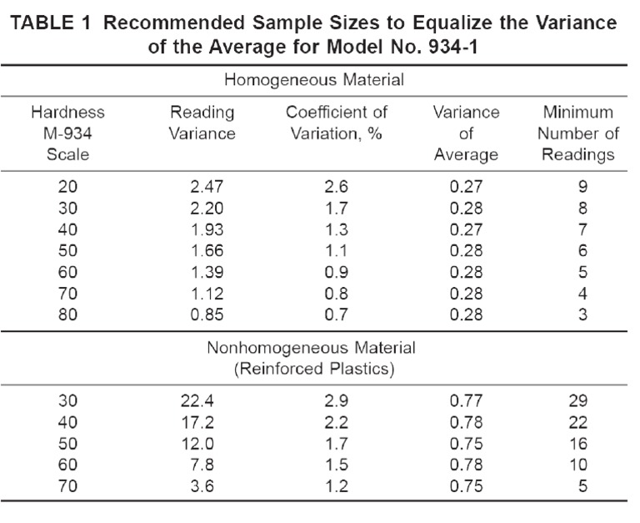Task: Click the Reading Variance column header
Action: pyautogui.click(x=202, y=123)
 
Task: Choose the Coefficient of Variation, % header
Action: pyautogui.click(x=337, y=123)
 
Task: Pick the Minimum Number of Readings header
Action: pyautogui.click(x=577, y=133)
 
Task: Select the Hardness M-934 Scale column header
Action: pyautogui.click(x=68, y=133)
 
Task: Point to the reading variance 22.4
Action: pyautogui.click(x=202, y=400)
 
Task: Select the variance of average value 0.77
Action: pyautogui.click(x=466, y=400)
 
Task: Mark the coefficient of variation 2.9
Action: pyautogui.click(x=337, y=400)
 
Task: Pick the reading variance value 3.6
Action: pyautogui.click(x=202, y=486)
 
